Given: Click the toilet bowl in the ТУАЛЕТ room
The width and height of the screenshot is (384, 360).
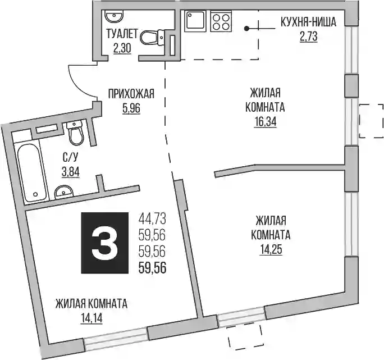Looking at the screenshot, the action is [x=152, y=38].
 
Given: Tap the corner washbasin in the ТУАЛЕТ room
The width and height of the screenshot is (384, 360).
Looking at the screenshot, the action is [x=114, y=16].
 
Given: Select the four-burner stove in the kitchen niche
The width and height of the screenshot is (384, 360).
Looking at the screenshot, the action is [x=221, y=21].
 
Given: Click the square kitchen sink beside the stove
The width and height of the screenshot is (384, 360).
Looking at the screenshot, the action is [x=195, y=21].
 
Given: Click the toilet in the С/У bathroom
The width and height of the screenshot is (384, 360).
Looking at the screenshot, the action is [x=76, y=133].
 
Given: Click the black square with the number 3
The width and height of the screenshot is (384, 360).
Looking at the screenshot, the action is [x=105, y=243].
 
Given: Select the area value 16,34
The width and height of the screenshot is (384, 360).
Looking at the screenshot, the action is [x=265, y=122].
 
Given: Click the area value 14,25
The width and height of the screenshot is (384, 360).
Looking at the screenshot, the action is [x=271, y=250].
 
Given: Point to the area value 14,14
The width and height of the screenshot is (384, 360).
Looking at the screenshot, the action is [x=91, y=318].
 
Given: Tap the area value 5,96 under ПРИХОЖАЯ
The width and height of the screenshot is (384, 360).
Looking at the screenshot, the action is [x=131, y=108].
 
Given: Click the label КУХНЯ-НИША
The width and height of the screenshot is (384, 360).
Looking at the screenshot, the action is [x=308, y=22].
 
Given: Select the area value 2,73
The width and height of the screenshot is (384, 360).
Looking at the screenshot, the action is [x=309, y=37].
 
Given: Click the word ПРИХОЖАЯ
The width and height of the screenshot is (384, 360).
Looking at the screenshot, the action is [x=131, y=94].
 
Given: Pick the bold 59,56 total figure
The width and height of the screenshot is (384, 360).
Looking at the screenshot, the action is [x=153, y=267].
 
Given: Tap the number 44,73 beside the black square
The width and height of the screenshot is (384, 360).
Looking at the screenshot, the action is [x=152, y=218].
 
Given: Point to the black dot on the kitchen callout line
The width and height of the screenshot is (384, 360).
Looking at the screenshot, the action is [x=246, y=29].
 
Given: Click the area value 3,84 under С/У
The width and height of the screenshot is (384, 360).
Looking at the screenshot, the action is [x=71, y=172].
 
